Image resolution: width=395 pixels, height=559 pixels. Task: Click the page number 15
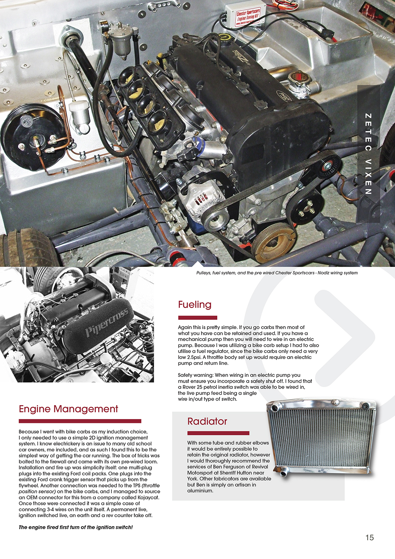(369, 537)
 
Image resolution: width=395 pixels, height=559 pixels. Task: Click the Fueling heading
(195, 304)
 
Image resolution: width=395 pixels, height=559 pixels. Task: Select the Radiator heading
(207, 421)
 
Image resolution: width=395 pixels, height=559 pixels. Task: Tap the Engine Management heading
(68, 409)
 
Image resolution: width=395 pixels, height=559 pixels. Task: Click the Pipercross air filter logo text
(106, 322)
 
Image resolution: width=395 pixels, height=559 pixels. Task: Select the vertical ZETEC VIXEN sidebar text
(368, 154)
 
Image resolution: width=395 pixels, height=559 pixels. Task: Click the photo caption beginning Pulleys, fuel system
(277, 273)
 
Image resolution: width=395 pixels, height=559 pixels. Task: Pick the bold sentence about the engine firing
(75, 527)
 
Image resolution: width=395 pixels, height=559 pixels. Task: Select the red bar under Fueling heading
(197, 317)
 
